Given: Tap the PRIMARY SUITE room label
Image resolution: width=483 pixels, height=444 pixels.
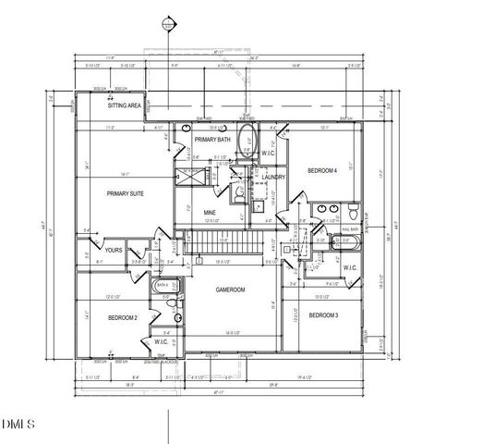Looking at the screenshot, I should pyautogui.click(x=126, y=194).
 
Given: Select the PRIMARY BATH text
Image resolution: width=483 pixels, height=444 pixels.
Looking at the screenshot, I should pyautogui.click(x=211, y=140).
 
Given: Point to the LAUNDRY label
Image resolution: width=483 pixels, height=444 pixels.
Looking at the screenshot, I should pyautogui.click(x=272, y=177).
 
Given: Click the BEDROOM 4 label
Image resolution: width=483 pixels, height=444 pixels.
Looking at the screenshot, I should pyautogui.click(x=321, y=171).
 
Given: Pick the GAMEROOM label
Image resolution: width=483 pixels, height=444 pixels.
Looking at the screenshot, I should pyautogui.click(x=230, y=290).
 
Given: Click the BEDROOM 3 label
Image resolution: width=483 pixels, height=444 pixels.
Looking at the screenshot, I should pyautogui.click(x=321, y=316).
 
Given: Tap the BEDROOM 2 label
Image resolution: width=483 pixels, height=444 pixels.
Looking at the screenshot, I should pyautogui.click(x=122, y=317).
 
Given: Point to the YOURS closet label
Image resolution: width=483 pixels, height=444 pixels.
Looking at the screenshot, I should pyautogui.click(x=114, y=250).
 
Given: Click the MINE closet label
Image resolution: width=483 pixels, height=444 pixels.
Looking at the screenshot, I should pyautogui.click(x=210, y=213).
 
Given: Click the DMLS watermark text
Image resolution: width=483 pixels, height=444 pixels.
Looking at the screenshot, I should pyautogui.click(x=18, y=425).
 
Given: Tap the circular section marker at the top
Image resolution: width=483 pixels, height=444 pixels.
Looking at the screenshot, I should pyautogui.click(x=167, y=22).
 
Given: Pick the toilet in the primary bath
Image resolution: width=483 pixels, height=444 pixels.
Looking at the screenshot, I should pyautogui.click(x=238, y=193).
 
